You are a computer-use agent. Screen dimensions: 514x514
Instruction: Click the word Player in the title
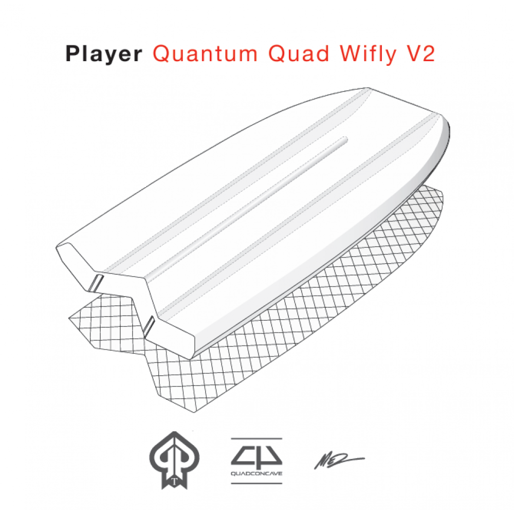pyautogui.click(x=104, y=54)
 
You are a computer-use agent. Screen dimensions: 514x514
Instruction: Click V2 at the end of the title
pyautogui.click(x=419, y=54)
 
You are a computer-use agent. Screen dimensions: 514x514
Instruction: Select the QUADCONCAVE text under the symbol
pyautogui.click(x=256, y=473)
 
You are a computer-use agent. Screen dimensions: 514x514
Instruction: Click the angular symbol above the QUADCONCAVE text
pyautogui.click(x=256, y=454)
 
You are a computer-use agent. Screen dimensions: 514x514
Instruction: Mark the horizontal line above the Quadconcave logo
pyautogui.click(x=256, y=438)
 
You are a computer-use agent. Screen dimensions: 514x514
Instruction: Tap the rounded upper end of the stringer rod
pyautogui.click(x=346, y=137)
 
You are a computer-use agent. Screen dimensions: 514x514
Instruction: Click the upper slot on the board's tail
pyautogui.click(x=96, y=281)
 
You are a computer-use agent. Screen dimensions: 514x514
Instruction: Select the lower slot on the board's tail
pyautogui.click(x=150, y=324)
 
